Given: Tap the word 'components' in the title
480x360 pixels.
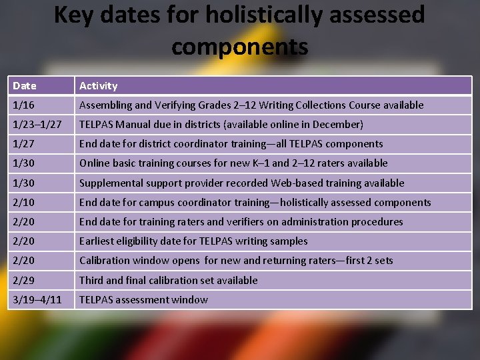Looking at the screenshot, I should point(239,47).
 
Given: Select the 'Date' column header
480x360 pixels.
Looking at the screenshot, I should point(25,86).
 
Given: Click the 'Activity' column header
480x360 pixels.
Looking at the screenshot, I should point(98,86).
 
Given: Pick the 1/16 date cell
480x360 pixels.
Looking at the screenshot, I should point(24,105).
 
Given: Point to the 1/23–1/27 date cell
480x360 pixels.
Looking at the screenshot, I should point(37,125).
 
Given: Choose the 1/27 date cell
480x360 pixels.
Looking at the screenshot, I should point(24,144).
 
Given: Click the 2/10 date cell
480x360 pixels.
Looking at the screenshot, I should point(24,203).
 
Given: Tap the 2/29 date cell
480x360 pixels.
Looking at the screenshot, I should point(24,281).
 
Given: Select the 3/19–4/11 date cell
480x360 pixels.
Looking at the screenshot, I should point(37,300).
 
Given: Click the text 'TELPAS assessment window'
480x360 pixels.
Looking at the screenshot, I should point(143,300).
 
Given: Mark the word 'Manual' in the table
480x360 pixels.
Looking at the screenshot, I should point(137,125).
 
